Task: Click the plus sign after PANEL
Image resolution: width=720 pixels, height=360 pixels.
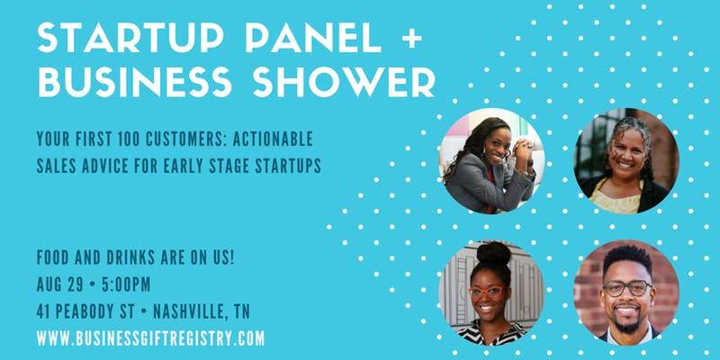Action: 411,38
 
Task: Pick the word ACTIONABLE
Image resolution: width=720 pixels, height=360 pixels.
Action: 273,139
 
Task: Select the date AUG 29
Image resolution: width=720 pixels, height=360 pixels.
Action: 59,284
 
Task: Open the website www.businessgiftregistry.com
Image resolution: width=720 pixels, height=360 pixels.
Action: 150,339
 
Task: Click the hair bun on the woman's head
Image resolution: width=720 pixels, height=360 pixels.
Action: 493,253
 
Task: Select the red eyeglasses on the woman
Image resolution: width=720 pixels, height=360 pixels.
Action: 486,291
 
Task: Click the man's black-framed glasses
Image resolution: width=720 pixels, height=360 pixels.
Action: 627,288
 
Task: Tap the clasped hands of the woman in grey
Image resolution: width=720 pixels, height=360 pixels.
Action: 523,150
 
